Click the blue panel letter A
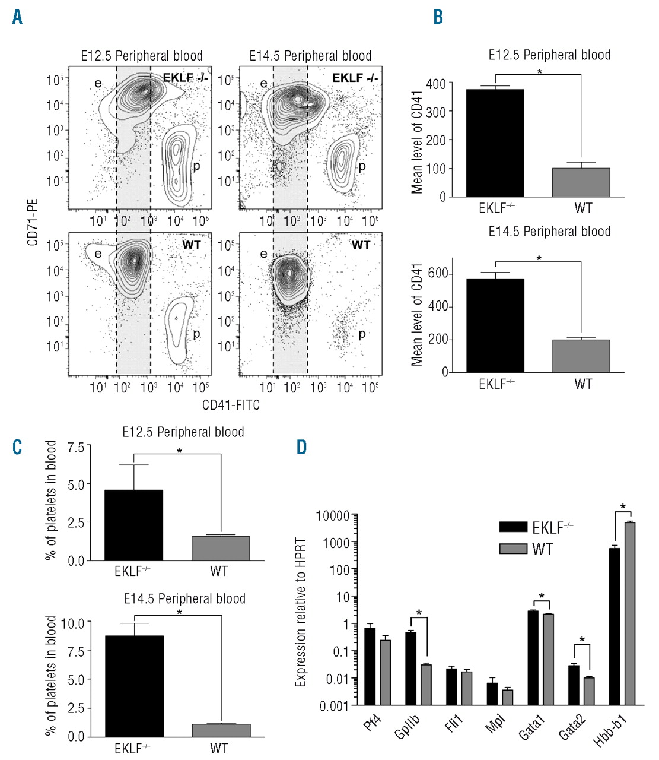tap(18, 17)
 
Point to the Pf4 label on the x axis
tap(372, 724)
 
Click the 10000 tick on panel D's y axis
tap(332, 515)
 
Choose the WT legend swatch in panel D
tap(513, 549)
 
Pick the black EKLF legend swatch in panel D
tap(513, 527)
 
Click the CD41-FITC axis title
tap(231, 405)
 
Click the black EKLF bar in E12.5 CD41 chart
tap(495, 143)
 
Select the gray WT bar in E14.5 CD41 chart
tap(581, 356)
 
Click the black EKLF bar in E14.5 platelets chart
tap(134, 686)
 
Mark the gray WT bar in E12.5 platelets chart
tap(220, 548)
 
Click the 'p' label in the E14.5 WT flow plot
tap(362, 334)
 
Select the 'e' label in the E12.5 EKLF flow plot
tap(98, 84)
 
